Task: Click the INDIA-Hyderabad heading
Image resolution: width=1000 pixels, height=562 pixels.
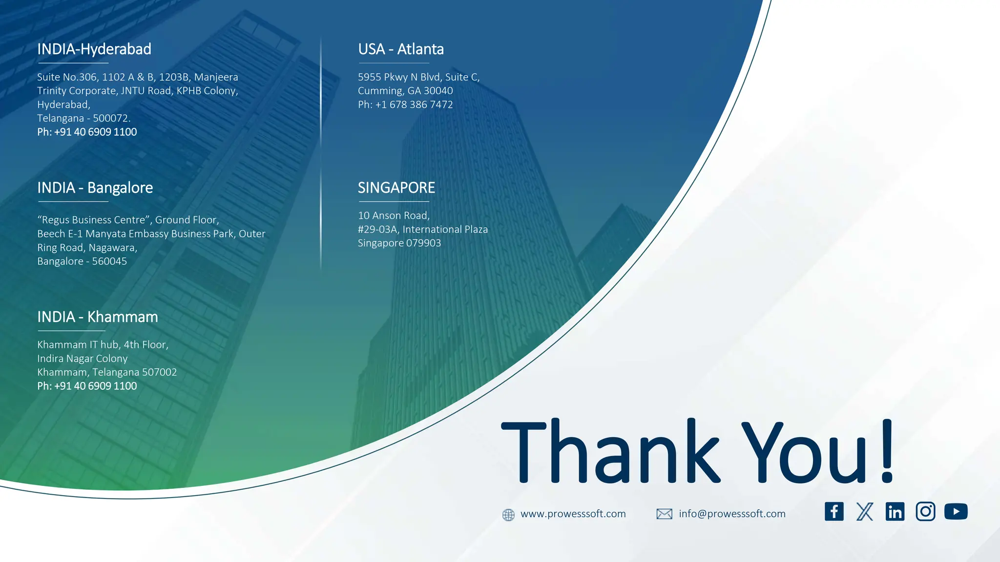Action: click(94, 49)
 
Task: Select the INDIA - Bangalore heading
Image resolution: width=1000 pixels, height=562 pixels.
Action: click(95, 188)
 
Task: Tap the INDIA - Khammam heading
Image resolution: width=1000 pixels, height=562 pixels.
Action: click(98, 317)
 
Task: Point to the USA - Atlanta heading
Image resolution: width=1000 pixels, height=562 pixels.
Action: click(401, 49)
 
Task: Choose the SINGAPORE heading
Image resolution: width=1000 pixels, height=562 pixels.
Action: click(396, 188)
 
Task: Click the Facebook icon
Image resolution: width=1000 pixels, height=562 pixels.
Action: click(834, 512)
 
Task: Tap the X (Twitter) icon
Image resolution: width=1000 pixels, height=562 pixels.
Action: click(865, 512)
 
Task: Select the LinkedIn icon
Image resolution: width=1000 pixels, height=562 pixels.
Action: click(895, 512)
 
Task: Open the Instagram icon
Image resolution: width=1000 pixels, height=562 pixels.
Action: click(925, 512)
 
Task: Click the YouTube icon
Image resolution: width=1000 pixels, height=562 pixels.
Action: click(956, 512)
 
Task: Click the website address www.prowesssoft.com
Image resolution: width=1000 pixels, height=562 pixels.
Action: click(573, 514)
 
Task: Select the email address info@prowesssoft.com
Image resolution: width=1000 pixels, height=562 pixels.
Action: click(732, 514)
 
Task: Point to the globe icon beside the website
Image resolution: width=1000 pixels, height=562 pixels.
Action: click(508, 515)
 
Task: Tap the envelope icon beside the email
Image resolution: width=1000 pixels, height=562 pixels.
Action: click(664, 514)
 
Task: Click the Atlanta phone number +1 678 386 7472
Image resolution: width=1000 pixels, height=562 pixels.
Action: click(414, 105)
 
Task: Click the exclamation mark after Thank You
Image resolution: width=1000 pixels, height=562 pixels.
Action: click(888, 451)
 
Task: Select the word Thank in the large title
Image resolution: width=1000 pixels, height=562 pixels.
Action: click(610, 451)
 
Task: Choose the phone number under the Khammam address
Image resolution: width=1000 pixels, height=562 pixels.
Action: click(95, 386)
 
